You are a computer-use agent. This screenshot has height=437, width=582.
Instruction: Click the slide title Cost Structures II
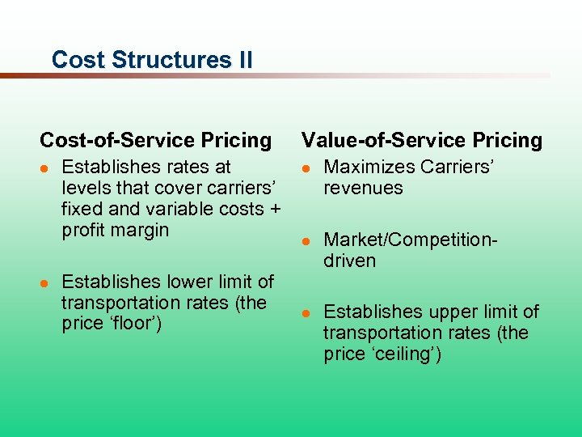(151, 60)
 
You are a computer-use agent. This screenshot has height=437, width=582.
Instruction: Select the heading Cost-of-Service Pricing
(155, 140)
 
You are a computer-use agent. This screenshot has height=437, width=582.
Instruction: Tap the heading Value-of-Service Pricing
(421, 140)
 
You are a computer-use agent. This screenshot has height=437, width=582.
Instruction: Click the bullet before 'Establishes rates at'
(45, 168)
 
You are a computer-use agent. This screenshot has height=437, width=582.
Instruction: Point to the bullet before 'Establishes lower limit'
(45, 282)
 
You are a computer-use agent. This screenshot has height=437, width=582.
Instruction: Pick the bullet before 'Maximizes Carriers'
(306, 168)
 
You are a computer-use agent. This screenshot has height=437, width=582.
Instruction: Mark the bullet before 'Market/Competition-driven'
(306, 240)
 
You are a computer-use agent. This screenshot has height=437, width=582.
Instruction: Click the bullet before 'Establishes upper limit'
(306, 313)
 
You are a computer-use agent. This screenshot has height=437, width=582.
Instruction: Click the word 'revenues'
(363, 188)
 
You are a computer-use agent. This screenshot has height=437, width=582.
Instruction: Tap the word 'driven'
(349, 261)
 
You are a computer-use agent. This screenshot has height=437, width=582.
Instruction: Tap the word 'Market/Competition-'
(411, 240)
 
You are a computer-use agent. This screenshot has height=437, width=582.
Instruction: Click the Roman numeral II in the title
(243, 60)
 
